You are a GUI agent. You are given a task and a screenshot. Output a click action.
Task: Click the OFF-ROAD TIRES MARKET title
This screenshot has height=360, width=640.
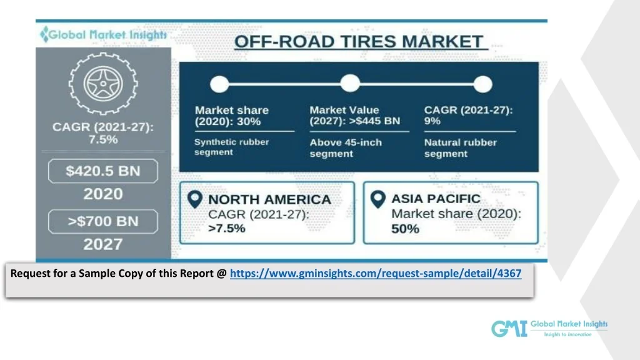click(x=359, y=42)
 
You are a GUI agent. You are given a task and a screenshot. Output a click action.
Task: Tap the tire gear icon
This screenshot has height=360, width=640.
click(x=103, y=84)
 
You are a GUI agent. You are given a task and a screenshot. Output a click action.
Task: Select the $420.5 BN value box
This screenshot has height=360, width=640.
click(x=103, y=171)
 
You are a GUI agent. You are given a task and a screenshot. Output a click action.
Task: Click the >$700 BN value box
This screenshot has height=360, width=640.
click(x=103, y=221)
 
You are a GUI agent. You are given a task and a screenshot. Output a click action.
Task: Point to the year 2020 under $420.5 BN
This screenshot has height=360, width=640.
click(x=103, y=194)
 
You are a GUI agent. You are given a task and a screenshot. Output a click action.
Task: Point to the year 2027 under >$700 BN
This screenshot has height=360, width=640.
click(x=103, y=244)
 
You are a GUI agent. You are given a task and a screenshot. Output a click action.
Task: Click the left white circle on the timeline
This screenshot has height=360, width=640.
click(x=219, y=84)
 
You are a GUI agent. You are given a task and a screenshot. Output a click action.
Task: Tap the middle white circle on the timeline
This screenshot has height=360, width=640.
click(x=350, y=83)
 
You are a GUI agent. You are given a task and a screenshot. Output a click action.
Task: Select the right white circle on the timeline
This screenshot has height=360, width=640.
click(x=483, y=84)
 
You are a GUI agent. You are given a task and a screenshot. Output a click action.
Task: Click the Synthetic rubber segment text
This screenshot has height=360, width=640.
click(x=231, y=147)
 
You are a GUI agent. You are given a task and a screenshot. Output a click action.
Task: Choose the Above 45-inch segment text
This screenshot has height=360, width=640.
click(x=346, y=147)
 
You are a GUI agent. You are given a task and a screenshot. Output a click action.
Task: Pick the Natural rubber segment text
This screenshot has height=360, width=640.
click(x=461, y=147)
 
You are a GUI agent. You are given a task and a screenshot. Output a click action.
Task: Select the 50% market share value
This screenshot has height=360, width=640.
click(x=405, y=229)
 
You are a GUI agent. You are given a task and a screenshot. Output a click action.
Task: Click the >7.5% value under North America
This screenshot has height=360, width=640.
click(x=226, y=228)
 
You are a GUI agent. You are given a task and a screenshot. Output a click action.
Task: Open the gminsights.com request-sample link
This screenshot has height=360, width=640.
click(x=376, y=273)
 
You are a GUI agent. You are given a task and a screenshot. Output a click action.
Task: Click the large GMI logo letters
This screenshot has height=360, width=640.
click(x=509, y=329)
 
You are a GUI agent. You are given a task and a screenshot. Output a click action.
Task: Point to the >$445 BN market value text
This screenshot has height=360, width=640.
click(x=374, y=121)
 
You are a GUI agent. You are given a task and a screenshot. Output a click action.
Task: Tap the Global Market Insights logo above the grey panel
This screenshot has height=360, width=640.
click(x=103, y=34)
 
